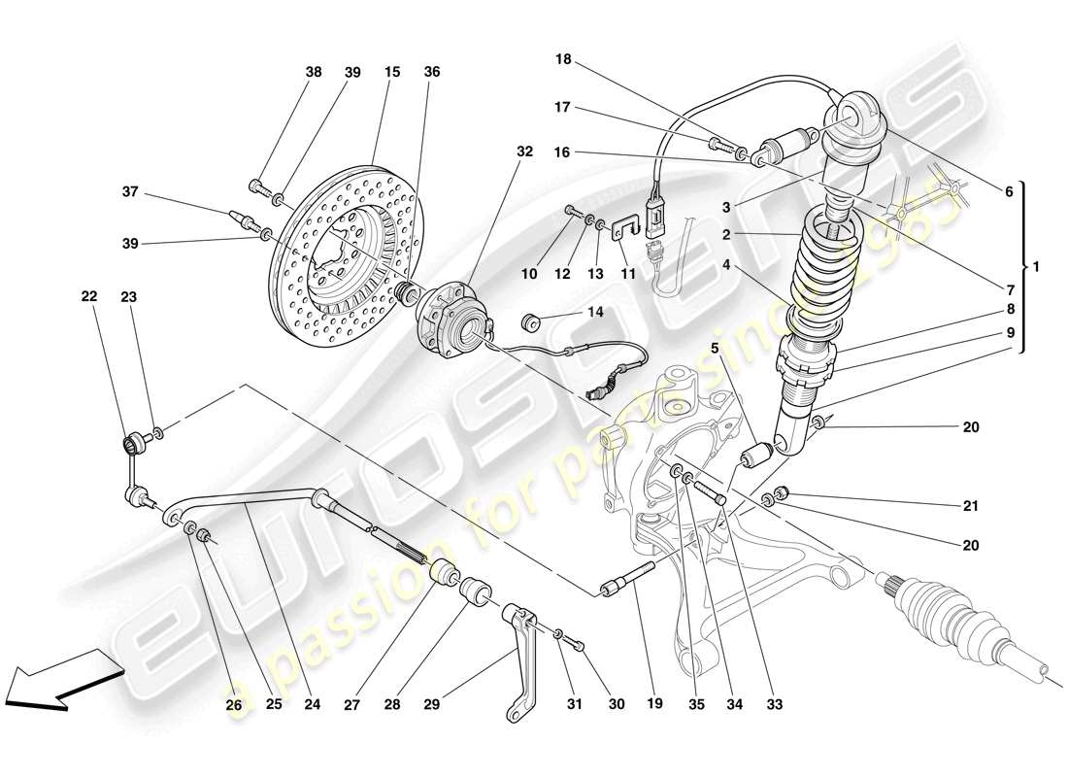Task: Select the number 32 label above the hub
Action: pyautogui.click(x=524, y=152)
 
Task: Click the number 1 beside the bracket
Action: pyautogui.click(x=1036, y=266)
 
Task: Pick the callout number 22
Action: pyautogui.click(x=89, y=298)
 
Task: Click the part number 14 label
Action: pyautogui.click(x=595, y=313)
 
